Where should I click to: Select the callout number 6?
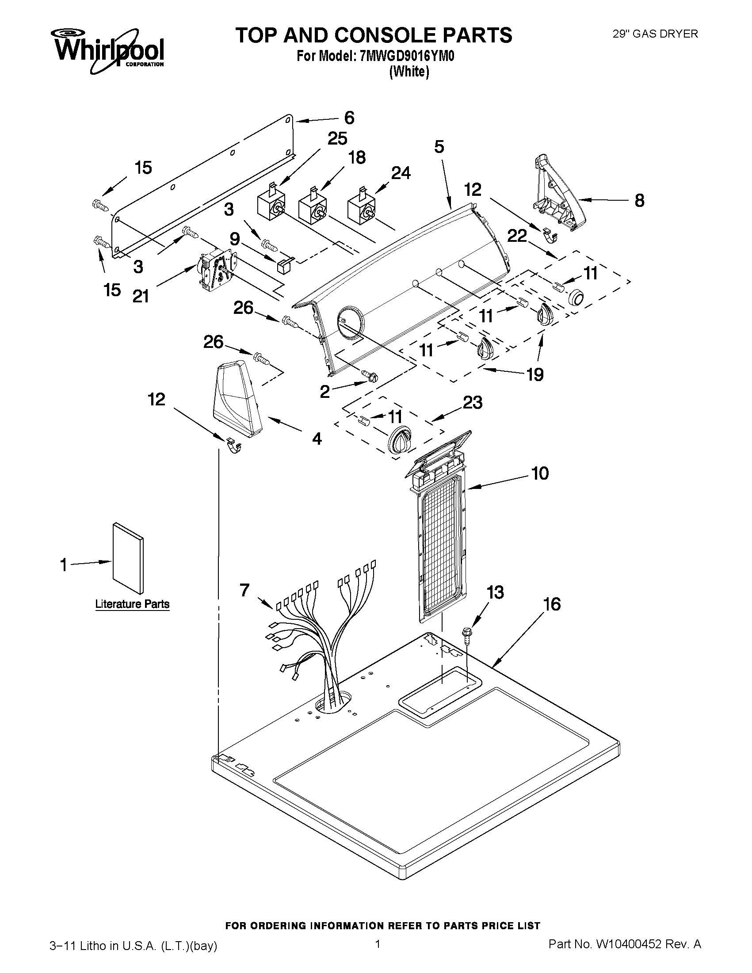[349, 118]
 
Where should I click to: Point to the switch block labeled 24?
[361, 208]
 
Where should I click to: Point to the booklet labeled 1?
[128, 558]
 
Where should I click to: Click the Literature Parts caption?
[132, 604]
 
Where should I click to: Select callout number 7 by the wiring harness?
[244, 590]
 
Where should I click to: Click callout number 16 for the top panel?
[552, 605]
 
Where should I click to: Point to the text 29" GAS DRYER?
[655, 34]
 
